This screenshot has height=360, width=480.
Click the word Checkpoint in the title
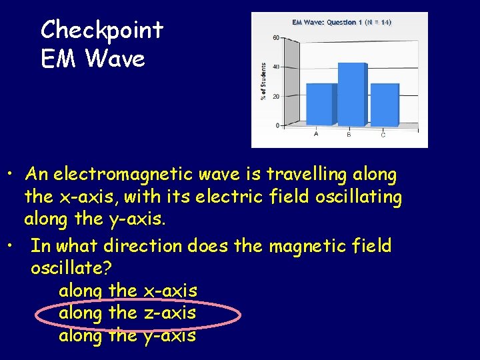[101, 30]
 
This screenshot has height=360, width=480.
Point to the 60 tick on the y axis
[276, 38]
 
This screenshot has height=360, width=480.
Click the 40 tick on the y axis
[276, 67]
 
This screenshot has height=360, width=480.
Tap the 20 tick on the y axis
[276, 96]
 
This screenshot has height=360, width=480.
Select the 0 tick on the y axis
[277, 125]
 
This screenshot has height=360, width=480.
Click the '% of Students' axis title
[263, 81]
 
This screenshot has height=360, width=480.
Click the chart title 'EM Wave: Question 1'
[327, 22]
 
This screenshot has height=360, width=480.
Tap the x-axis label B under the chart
[349, 135]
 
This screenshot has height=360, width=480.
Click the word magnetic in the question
[313, 246]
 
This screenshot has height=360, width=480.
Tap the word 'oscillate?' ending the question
[71, 268]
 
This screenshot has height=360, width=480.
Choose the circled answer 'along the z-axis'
[127, 313]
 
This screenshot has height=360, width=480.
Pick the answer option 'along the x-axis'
[127, 291]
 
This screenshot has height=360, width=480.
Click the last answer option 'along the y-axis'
[127, 335]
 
